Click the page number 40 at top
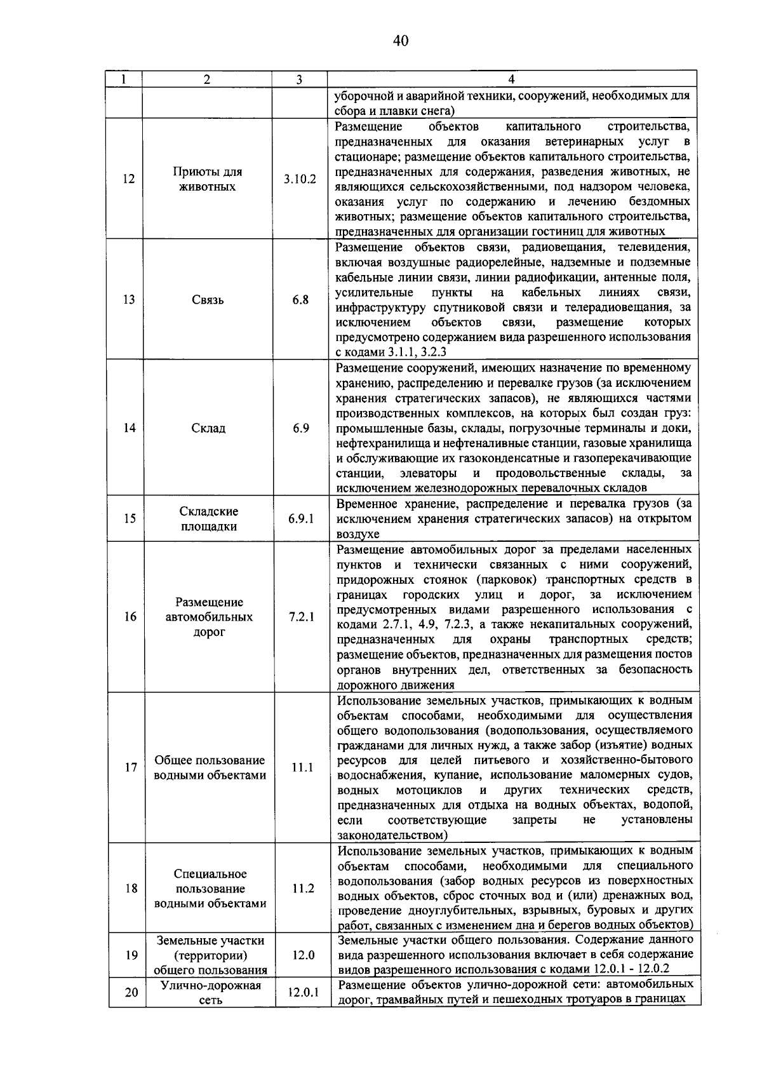click(400, 42)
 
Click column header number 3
click(299, 79)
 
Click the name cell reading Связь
click(208, 300)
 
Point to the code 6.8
click(300, 300)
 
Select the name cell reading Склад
click(208, 428)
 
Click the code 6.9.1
click(301, 519)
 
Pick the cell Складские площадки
click(209, 519)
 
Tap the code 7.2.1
click(302, 617)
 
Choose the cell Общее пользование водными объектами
click(210, 767)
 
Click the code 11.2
click(303, 888)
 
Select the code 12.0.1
click(304, 992)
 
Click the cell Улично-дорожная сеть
click(211, 992)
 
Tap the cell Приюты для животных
click(207, 179)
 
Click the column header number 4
click(511, 79)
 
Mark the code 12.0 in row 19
click(304, 955)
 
